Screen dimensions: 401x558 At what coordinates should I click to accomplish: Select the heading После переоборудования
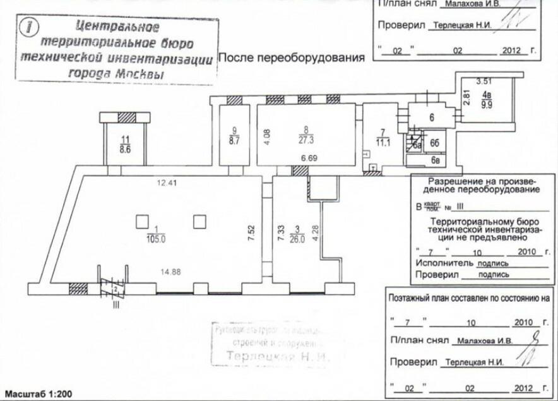[291, 58]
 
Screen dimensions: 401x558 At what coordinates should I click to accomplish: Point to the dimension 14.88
[171, 272]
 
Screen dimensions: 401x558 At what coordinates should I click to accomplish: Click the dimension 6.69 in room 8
[308, 157]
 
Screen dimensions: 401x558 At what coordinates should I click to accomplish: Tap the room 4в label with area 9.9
[487, 100]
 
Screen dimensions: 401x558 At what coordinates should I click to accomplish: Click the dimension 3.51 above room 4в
[483, 81]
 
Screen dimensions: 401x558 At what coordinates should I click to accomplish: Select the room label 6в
[436, 160]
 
